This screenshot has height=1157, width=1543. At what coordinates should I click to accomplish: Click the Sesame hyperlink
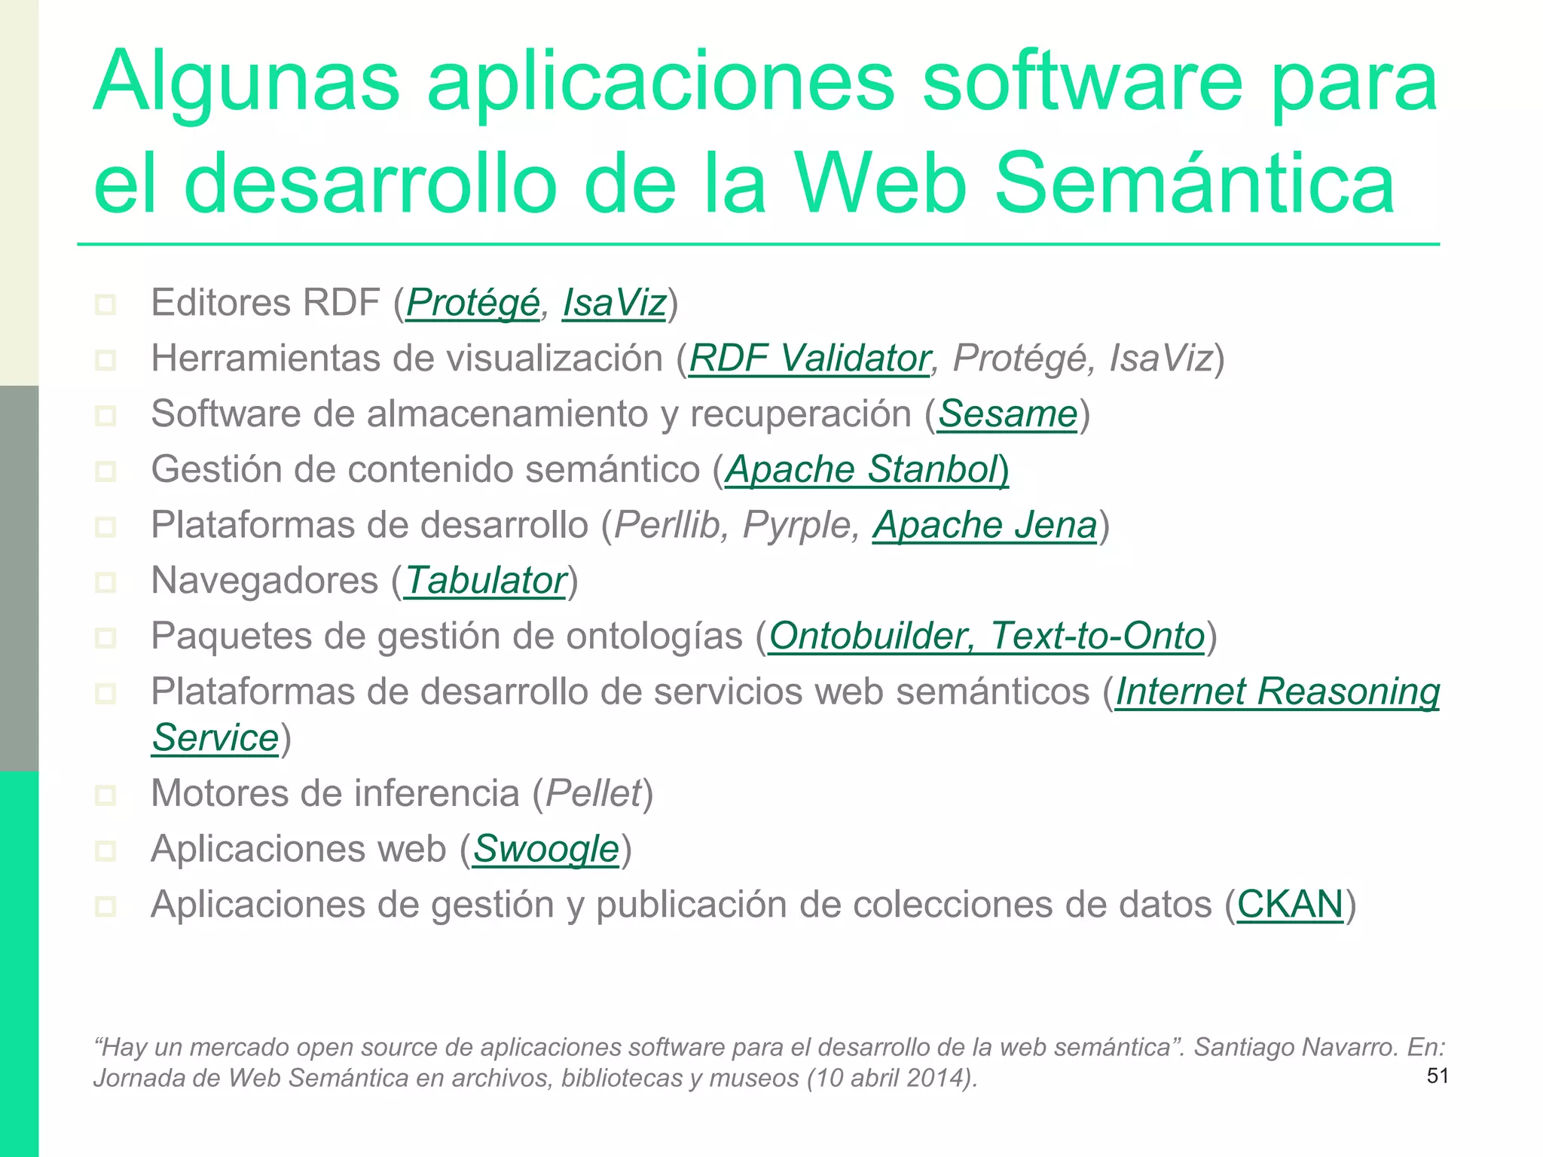1007,414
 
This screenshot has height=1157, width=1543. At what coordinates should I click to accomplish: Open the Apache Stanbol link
866,470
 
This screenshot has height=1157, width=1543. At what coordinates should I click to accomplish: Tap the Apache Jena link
985,526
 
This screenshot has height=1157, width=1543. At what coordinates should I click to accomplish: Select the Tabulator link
485,581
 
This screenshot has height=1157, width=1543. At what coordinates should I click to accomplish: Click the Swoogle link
545,849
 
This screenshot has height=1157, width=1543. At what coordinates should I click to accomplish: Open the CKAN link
1290,905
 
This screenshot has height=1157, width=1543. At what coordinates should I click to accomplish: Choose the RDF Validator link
809,359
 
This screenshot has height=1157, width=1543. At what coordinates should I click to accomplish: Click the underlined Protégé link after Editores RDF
472,304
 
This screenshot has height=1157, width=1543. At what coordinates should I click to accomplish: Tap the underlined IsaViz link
614,304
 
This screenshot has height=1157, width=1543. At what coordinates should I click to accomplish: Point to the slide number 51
1438,1076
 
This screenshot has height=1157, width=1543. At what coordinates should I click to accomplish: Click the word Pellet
593,793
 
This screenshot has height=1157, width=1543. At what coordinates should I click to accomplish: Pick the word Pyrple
799,526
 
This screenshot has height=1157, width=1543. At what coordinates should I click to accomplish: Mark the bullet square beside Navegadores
105,582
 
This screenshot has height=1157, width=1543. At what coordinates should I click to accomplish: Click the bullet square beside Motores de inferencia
105,795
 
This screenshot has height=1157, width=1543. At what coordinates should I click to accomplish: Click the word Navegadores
264,581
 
